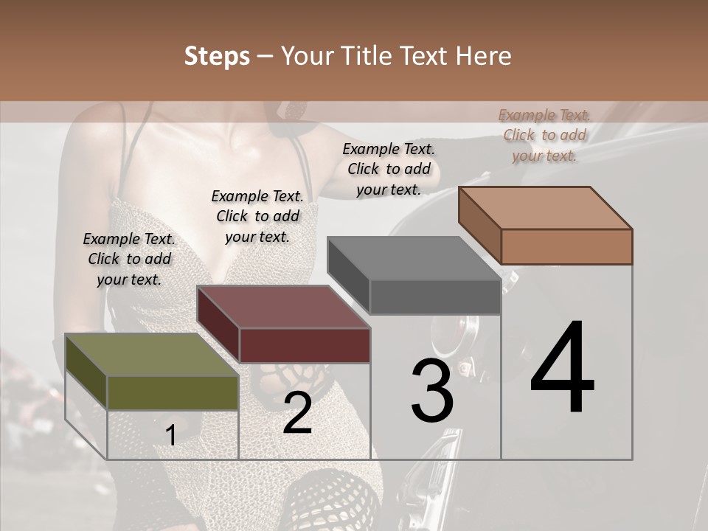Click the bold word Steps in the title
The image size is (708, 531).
pos(217,56)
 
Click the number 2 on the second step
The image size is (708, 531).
pos(297,413)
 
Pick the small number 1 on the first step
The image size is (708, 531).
pos(171,436)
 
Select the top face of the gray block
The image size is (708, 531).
pos(414,259)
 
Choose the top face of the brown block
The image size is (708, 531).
pos(545,208)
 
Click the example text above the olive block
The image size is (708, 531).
pos(129,259)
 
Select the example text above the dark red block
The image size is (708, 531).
pos(257,216)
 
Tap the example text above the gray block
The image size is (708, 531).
pos(389,169)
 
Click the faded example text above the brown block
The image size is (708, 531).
pos(544,135)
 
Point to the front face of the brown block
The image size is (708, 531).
pos(566,246)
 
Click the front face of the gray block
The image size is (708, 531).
pos(435,297)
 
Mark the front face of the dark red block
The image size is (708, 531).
pos(305,345)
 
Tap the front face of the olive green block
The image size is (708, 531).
pos(173,392)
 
